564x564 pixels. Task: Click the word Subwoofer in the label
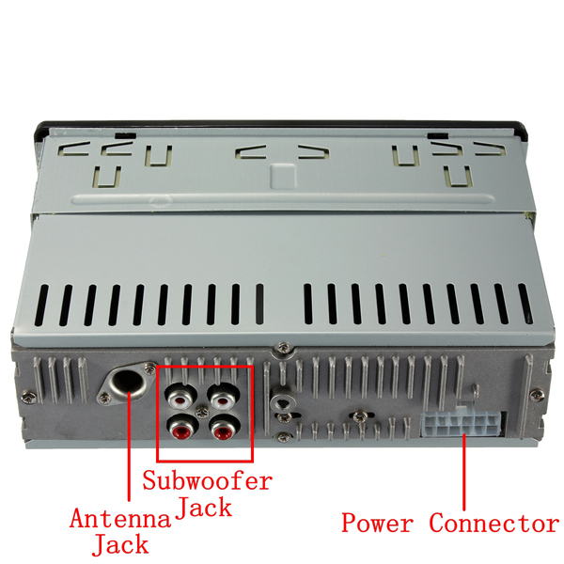207,480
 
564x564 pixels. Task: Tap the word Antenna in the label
120,519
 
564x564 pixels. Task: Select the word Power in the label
377,523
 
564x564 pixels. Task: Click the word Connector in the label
494,523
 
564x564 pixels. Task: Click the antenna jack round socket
127,382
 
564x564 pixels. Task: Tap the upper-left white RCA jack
180,399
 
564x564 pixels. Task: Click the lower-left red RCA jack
183,428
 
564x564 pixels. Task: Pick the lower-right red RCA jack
226,428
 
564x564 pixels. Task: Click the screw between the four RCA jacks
202,413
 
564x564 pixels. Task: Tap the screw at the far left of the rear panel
28,397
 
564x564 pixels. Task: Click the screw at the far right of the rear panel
537,395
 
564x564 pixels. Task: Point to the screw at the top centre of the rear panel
284,348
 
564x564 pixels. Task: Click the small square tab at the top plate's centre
284,177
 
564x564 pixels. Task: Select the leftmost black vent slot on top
41,305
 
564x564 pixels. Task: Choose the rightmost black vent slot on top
525,304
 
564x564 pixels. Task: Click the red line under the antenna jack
129,446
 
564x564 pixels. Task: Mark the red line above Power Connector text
464,472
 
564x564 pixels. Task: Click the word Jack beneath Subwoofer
204,508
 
